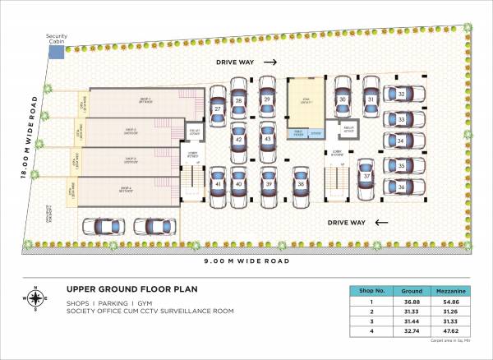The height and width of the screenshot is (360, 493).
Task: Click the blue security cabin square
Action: pos(55,52)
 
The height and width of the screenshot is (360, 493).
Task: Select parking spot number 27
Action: pos(219,109)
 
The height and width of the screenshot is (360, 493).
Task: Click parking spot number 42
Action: pos(238,140)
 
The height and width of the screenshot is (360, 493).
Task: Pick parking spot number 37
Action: pos(366,176)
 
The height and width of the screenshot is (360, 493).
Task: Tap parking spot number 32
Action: pos(400,95)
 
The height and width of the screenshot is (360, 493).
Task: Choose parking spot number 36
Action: pos(400,187)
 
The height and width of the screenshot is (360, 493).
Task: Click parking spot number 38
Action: pos(302,184)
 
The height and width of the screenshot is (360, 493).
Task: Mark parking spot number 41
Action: pos(219,184)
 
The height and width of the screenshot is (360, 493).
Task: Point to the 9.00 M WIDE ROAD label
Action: pos(246,261)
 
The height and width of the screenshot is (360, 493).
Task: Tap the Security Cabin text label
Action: pos(57,39)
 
